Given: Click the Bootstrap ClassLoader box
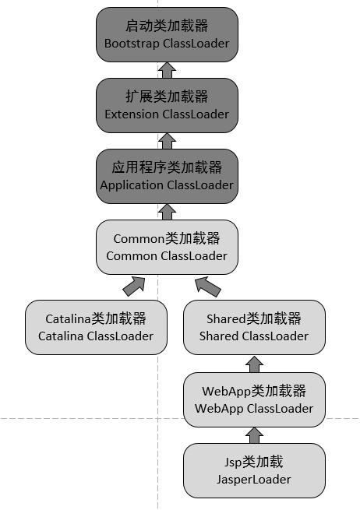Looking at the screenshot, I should click(167, 34).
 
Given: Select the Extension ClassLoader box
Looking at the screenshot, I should click(167, 105).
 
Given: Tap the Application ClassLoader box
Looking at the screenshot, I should click(167, 176).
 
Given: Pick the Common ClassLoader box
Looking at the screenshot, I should click(167, 247).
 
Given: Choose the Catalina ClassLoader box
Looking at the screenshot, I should click(96, 327).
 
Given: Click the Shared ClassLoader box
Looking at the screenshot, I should click(254, 327).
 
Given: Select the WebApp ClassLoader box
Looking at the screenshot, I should click(254, 399).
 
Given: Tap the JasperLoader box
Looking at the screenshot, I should click(254, 471).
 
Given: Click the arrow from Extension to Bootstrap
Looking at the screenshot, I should click(167, 70).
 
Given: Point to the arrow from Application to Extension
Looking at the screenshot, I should click(167, 141).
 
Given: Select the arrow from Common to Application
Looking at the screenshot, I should click(167, 211).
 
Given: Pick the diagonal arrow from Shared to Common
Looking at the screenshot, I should click(207, 286).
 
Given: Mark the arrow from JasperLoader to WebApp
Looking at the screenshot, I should click(254, 434).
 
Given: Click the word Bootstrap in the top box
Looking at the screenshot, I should click(132, 44).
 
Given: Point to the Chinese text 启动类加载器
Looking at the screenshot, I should click(167, 26).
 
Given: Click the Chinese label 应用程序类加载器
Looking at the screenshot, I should click(167, 167).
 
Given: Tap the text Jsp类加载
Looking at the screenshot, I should click(254, 463).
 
